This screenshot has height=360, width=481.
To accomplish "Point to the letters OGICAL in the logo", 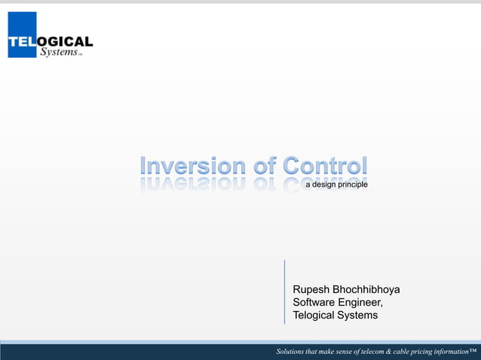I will point(68,41).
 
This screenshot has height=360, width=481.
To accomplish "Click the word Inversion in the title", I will point(192,165).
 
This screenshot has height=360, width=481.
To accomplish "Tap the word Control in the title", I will point(326,165).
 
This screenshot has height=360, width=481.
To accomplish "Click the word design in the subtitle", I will point(328,185).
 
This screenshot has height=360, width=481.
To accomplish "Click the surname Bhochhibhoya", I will point(367,290).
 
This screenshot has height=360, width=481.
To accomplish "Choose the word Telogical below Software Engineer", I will point(317,316).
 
